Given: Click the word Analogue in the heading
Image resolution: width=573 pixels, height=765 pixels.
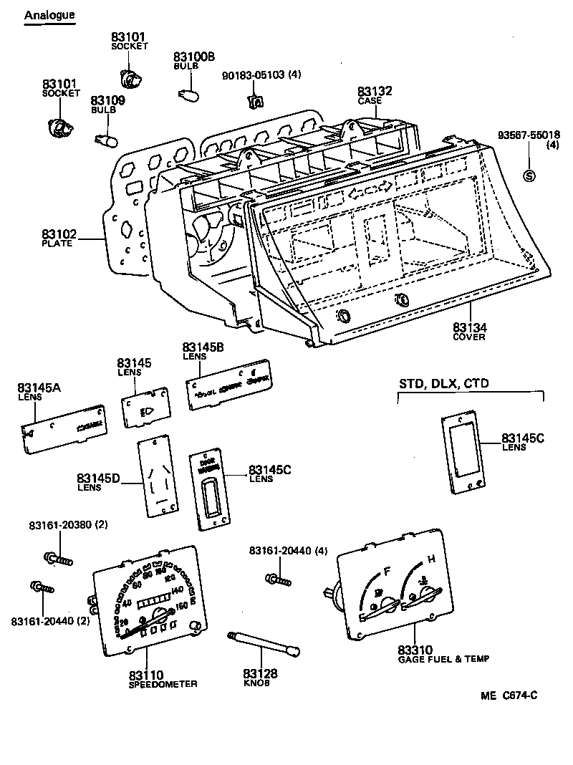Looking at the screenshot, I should coord(49,15).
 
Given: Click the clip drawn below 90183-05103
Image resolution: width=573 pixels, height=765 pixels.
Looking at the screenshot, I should coord(255,102).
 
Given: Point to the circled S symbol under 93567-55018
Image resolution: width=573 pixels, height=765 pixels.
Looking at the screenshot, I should coord(529,176).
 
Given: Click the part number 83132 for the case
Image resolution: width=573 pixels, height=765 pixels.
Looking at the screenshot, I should coord(375,92).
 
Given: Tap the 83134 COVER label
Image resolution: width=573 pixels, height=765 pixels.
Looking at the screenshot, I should coord(469,332).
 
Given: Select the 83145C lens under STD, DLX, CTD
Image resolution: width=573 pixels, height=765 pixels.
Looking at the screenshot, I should coord(461,453).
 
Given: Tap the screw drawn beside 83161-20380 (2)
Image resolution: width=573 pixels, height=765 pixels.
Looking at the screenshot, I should coord(59,557).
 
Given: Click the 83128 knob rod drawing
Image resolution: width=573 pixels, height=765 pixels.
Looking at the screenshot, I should coord(264,643).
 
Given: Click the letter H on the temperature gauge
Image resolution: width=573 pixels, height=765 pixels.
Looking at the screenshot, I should coord(431,559).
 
